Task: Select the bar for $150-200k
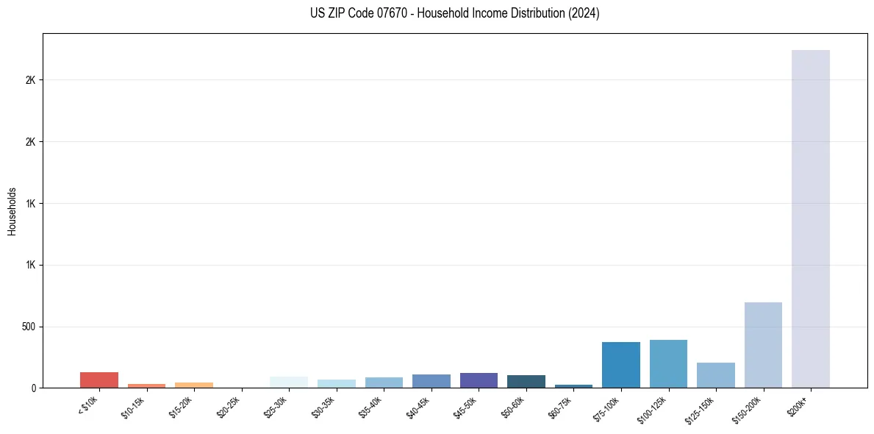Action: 763,345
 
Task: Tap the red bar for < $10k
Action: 99,380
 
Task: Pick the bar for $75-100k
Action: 620,365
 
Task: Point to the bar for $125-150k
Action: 715,375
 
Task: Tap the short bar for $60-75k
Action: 573,385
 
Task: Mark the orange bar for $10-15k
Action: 146,385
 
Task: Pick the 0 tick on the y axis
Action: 34,388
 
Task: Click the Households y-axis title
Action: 12,210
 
